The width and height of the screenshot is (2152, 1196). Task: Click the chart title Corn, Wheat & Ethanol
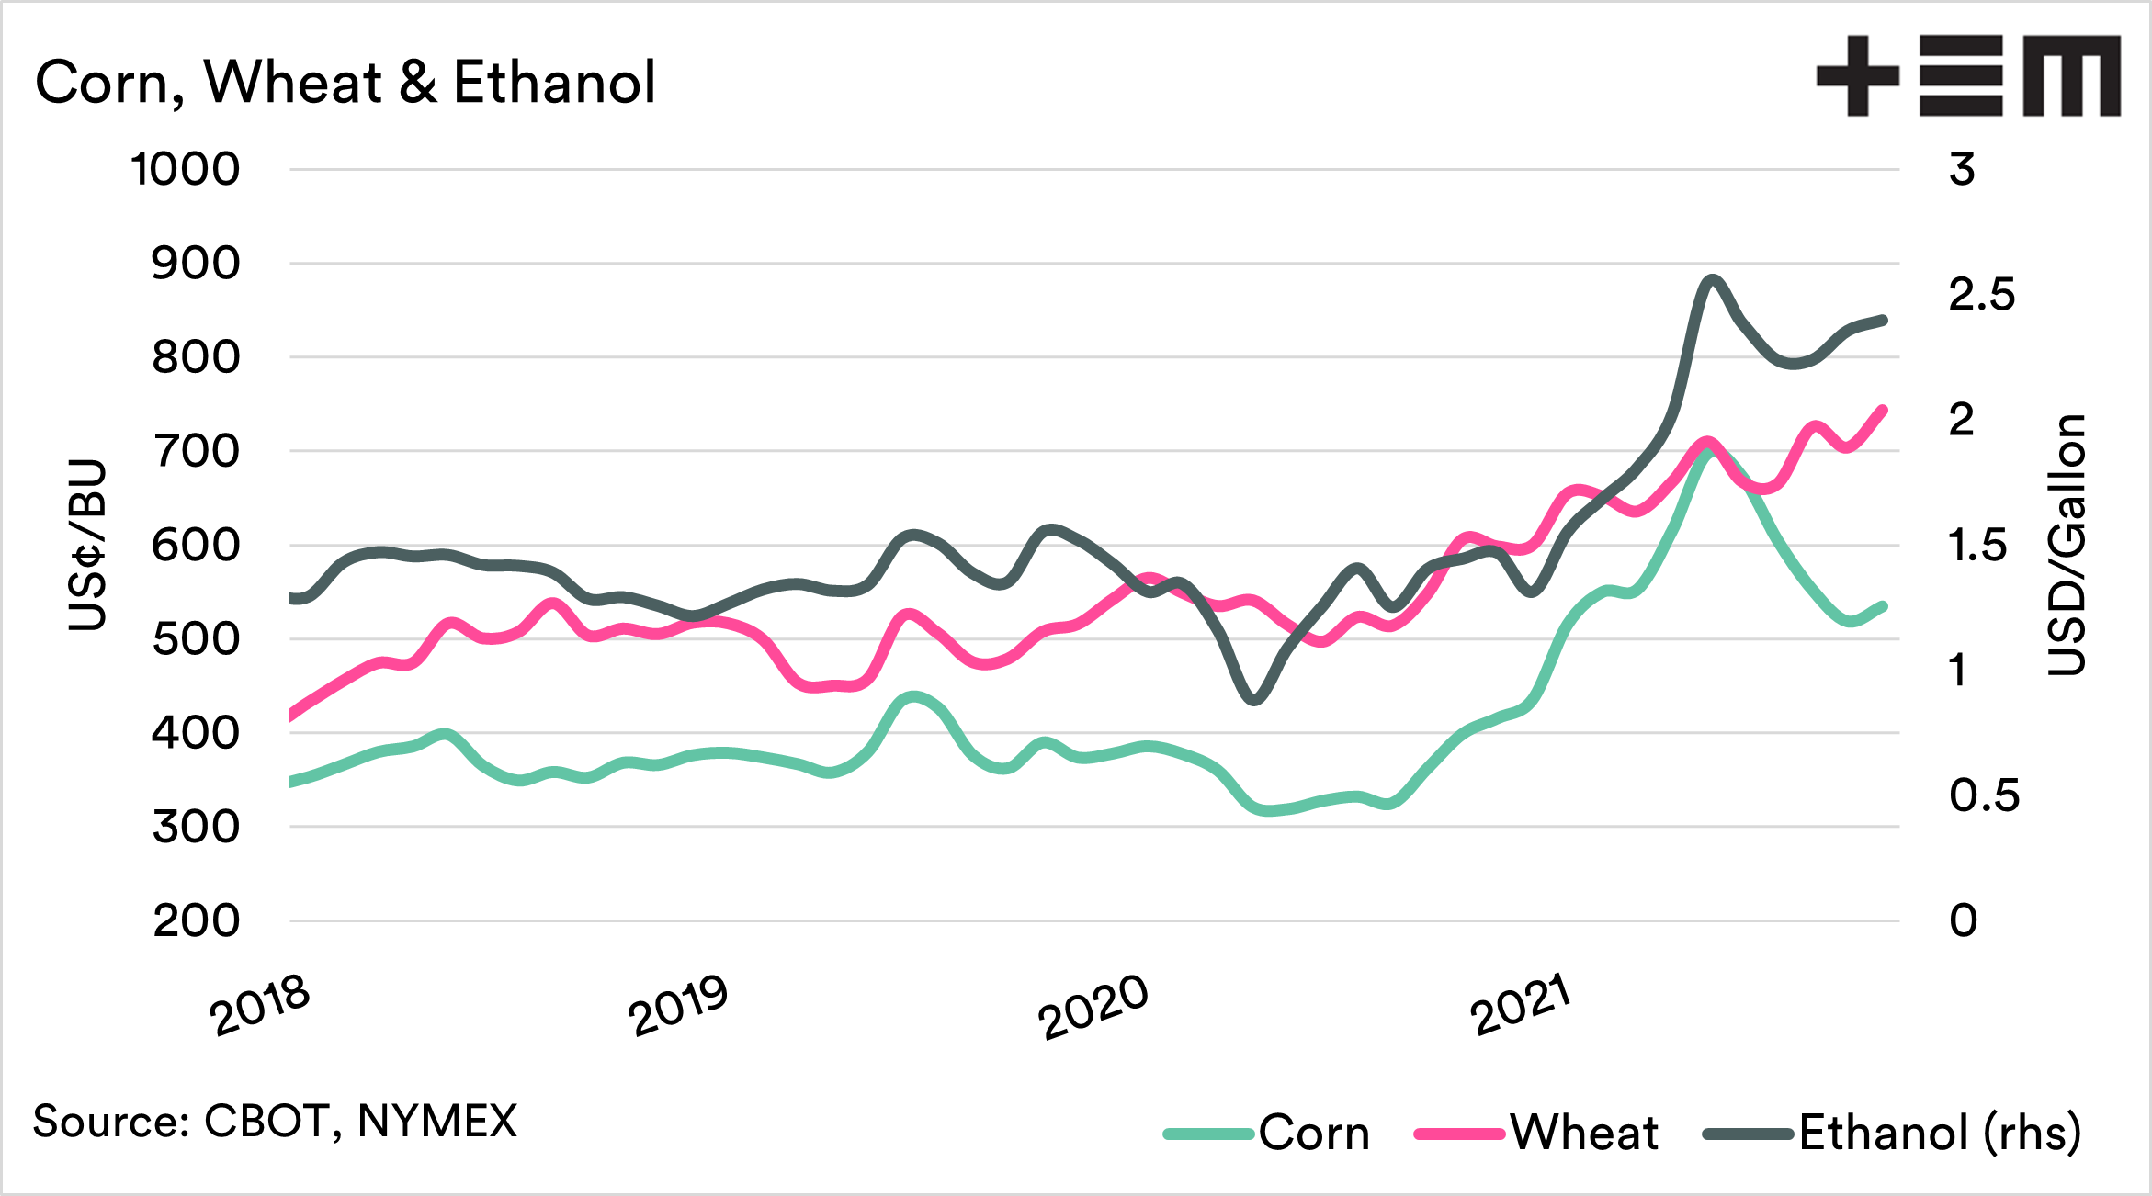(x=345, y=83)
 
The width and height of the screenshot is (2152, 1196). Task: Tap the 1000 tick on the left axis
(x=185, y=170)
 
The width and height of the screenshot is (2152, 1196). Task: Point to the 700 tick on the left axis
(x=196, y=452)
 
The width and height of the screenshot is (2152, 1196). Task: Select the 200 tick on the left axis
(x=196, y=920)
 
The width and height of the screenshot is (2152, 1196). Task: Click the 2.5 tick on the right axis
(x=1981, y=295)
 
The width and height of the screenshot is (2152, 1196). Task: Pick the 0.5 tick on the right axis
(x=1984, y=795)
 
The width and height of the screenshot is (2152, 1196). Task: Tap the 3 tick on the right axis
(x=1962, y=170)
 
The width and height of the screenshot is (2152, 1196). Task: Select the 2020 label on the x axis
(x=1093, y=1007)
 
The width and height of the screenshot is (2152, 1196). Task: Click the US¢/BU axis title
(x=88, y=545)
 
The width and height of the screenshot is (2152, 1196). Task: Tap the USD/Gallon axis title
(x=2067, y=545)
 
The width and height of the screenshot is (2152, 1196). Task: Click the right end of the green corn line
(x=1883, y=606)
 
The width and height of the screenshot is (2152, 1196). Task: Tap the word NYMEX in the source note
(x=437, y=1122)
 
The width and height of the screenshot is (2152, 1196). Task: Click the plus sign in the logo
(x=1857, y=76)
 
